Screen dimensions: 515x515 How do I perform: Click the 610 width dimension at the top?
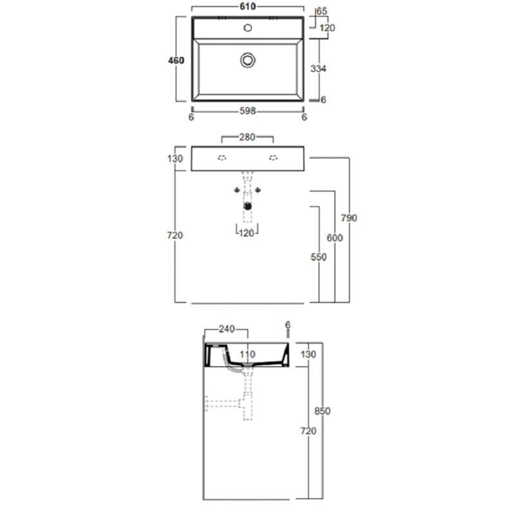(248, 6)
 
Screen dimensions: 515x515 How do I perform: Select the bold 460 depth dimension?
(176, 61)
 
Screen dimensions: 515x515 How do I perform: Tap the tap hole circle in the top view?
(248, 28)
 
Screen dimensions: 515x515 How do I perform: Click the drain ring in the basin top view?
(248, 60)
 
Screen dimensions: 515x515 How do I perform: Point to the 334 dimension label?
(318, 68)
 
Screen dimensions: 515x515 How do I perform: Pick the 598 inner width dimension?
(248, 111)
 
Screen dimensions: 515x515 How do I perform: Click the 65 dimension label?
(321, 11)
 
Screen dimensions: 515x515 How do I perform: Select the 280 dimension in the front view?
(247, 137)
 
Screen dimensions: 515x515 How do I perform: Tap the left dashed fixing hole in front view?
(222, 158)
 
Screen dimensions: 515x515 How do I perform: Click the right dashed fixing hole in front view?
(273, 158)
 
